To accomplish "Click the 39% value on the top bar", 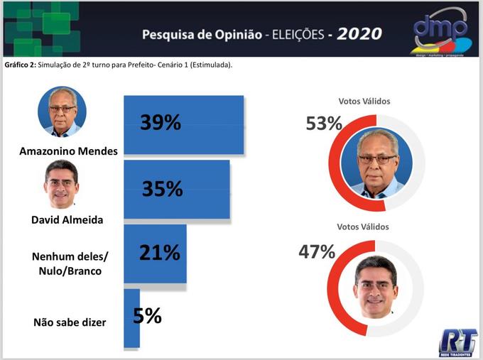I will click(160, 123).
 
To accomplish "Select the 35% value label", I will click(162, 189).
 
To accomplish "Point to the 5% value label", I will click(147, 315).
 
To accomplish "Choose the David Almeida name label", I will click(67, 219).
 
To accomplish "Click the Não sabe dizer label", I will click(70, 322).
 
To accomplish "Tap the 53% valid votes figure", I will click(324, 124).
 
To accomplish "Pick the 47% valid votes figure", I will click(317, 251).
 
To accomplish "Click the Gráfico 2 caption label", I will click(20, 65).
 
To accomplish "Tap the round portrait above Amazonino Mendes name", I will click(62, 111).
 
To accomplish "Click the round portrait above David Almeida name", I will click(62, 183).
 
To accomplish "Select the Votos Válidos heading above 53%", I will click(364, 102).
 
